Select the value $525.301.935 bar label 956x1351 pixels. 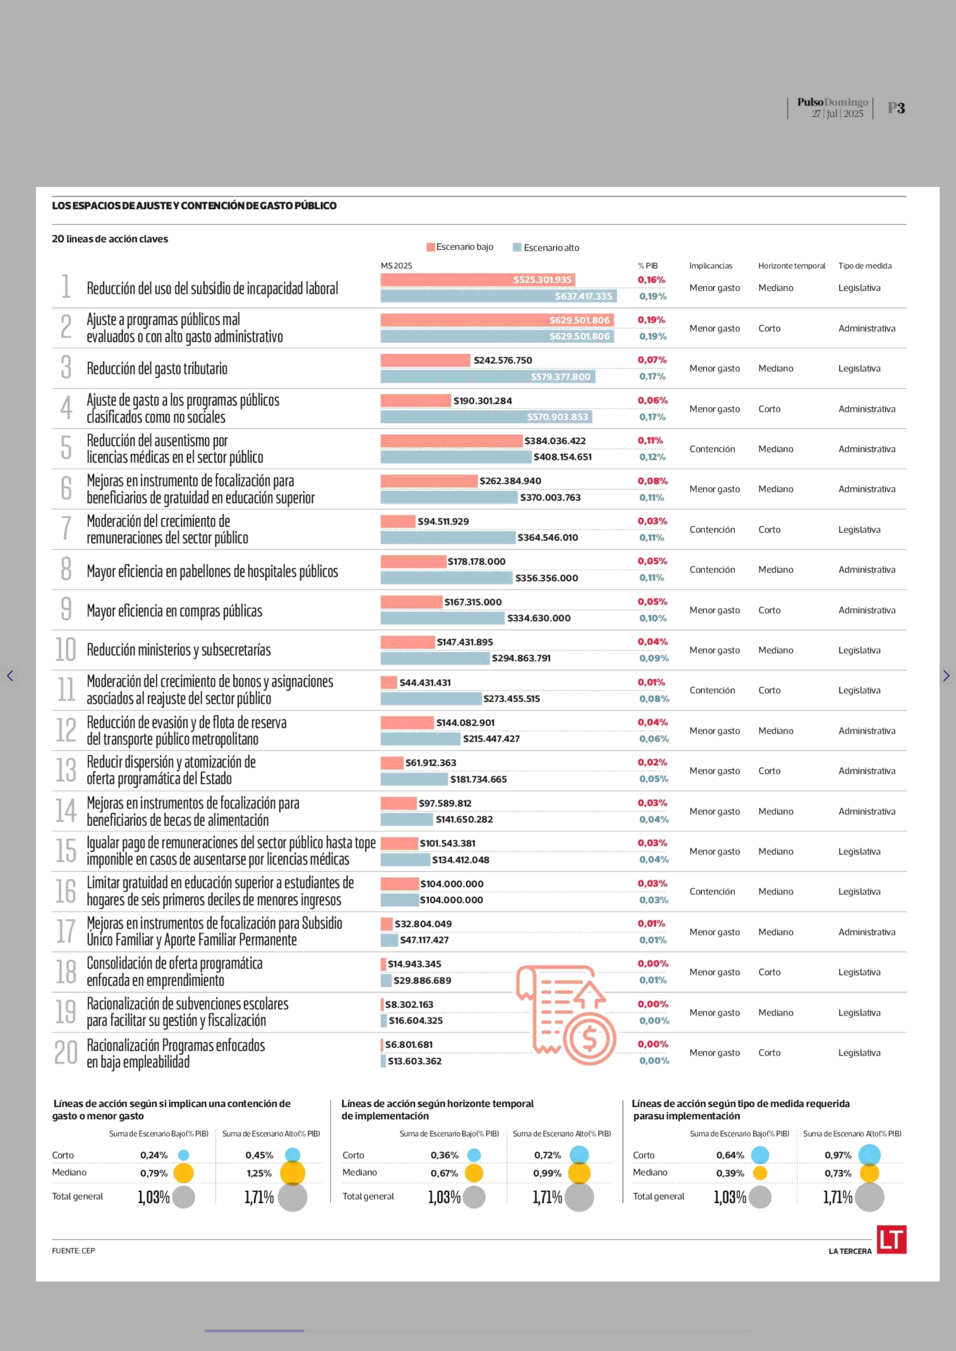(x=542, y=280)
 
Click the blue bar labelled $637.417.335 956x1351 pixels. (x=498, y=296)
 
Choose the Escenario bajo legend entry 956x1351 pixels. (x=460, y=247)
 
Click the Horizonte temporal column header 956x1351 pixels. (x=792, y=265)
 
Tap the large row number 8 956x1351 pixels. (x=66, y=569)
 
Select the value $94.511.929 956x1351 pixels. (x=443, y=521)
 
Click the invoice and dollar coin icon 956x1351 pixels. (x=566, y=1014)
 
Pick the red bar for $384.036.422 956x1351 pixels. (x=451, y=440)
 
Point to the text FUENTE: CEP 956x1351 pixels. (x=74, y=1250)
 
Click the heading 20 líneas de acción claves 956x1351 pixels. (x=110, y=238)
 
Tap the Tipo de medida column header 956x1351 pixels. (x=865, y=265)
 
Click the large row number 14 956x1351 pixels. (x=66, y=811)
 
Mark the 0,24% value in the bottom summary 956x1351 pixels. (x=154, y=1155)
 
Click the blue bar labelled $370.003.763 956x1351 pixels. (x=449, y=497)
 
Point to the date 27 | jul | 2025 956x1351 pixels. (x=838, y=114)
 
